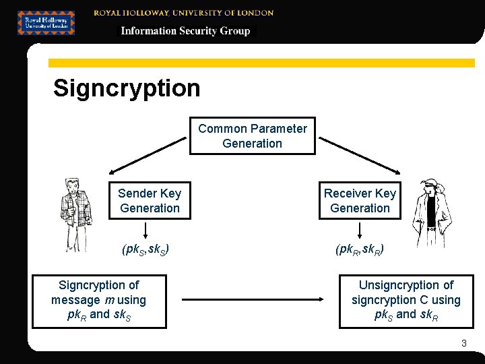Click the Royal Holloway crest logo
tap(46, 22)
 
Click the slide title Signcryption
tap(127, 88)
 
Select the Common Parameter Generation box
tap(253, 136)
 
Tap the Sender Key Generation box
tap(150, 201)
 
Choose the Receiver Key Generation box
tap(360, 201)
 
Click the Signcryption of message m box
tap(99, 300)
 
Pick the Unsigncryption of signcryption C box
tap(406, 301)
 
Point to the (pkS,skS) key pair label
tap(145, 250)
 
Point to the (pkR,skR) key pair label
tap(360, 250)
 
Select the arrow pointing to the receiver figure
tap(360, 154)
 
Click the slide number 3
tap(463, 344)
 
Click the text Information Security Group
tap(185, 31)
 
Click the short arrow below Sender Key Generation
tap(145, 230)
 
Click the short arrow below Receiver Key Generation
tap(359, 230)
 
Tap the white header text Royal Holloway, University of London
tap(183, 12)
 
